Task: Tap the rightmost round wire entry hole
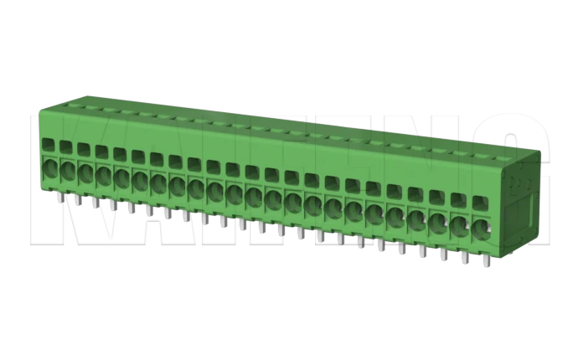coord(480,226)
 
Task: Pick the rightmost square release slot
coord(479,203)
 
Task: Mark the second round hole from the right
coord(459,224)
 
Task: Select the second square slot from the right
coord(458,201)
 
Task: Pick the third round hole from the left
coord(85,172)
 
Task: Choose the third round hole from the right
coord(438,220)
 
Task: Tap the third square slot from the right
coord(437,198)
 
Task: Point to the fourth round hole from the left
coord(104,175)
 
